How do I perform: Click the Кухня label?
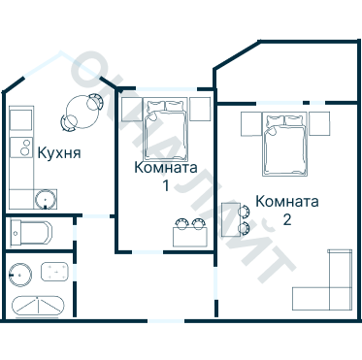[58, 152]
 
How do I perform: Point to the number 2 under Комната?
[286, 219]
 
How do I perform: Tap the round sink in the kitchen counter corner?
[44, 199]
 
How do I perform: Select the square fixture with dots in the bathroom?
[54, 271]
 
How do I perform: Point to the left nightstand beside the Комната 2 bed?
[249, 123]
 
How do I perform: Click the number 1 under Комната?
[166, 184]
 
